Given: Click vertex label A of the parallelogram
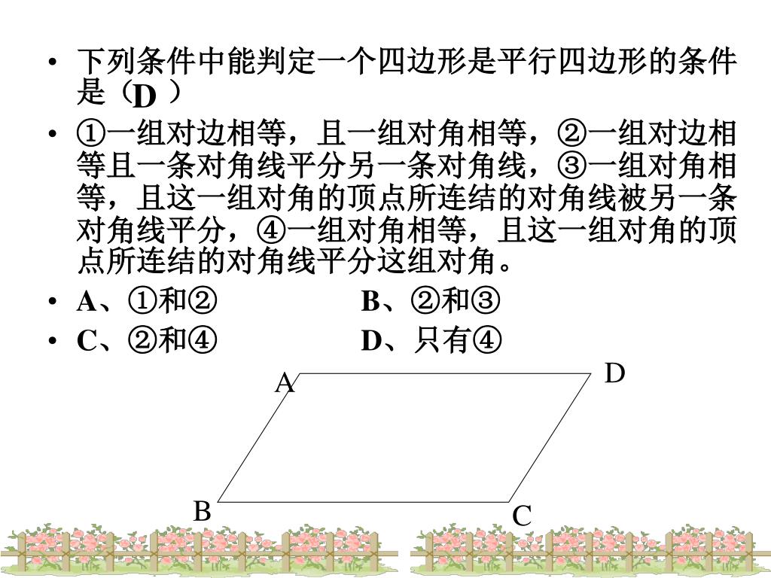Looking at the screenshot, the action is click(x=285, y=383).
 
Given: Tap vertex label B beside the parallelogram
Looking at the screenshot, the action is click(x=202, y=511).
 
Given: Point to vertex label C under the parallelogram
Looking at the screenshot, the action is click(x=522, y=516).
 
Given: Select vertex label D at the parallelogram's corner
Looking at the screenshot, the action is click(x=614, y=373).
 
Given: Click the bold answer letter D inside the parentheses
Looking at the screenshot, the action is click(x=144, y=96).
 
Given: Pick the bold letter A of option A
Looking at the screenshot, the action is click(x=87, y=301).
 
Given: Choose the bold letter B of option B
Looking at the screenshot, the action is click(x=370, y=301).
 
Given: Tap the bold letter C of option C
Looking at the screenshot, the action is click(x=87, y=341).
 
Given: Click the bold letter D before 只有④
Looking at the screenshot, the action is click(x=371, y=341).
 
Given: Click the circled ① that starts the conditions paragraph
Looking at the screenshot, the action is click(x=91, y=134).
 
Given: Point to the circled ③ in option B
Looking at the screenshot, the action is click(x=486, y=301).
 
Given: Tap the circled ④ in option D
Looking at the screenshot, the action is click(x=487, y=340).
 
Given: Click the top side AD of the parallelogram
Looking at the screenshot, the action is click(x=444, y=373).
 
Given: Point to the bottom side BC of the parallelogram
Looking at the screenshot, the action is click(x=364, y=502).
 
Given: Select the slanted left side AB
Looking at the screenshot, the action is click(x=258, y=437).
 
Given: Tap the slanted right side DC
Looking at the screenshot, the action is click(x=550, y=437).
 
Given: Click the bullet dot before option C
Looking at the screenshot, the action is click(x=53, y=340).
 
